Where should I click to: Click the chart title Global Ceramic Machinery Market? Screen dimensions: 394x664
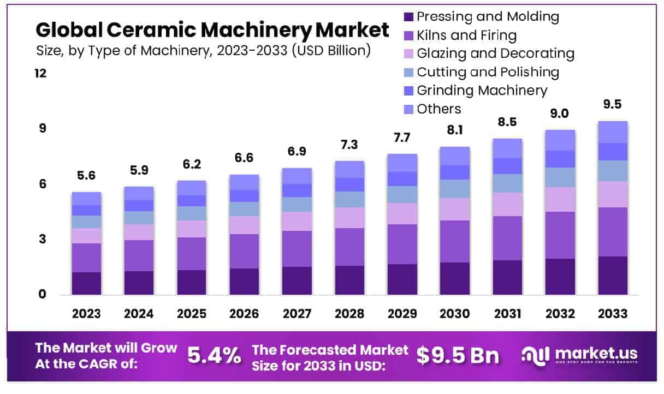point(213,29)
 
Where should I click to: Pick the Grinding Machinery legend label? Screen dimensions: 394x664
point(482,90)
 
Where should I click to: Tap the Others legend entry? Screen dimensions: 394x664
point(439,109)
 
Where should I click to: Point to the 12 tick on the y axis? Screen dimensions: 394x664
point(40,73)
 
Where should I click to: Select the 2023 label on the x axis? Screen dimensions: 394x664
point(86,314)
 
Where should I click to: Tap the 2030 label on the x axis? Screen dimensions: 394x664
point(455,314)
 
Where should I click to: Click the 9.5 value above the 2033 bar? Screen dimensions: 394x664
point(612,104)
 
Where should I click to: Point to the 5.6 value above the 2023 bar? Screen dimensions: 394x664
point(86,176)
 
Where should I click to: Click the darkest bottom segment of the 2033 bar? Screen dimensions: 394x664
point(612,276)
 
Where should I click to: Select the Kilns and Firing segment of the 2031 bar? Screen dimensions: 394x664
point(507,238)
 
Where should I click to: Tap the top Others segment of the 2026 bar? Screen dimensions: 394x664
point(244,182)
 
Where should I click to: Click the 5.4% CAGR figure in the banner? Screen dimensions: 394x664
point(214,356)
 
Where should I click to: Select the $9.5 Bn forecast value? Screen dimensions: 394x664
point(458,356)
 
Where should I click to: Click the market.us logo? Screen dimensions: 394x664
point(580,355)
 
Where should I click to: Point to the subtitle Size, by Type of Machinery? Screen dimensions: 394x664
point(203,51)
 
